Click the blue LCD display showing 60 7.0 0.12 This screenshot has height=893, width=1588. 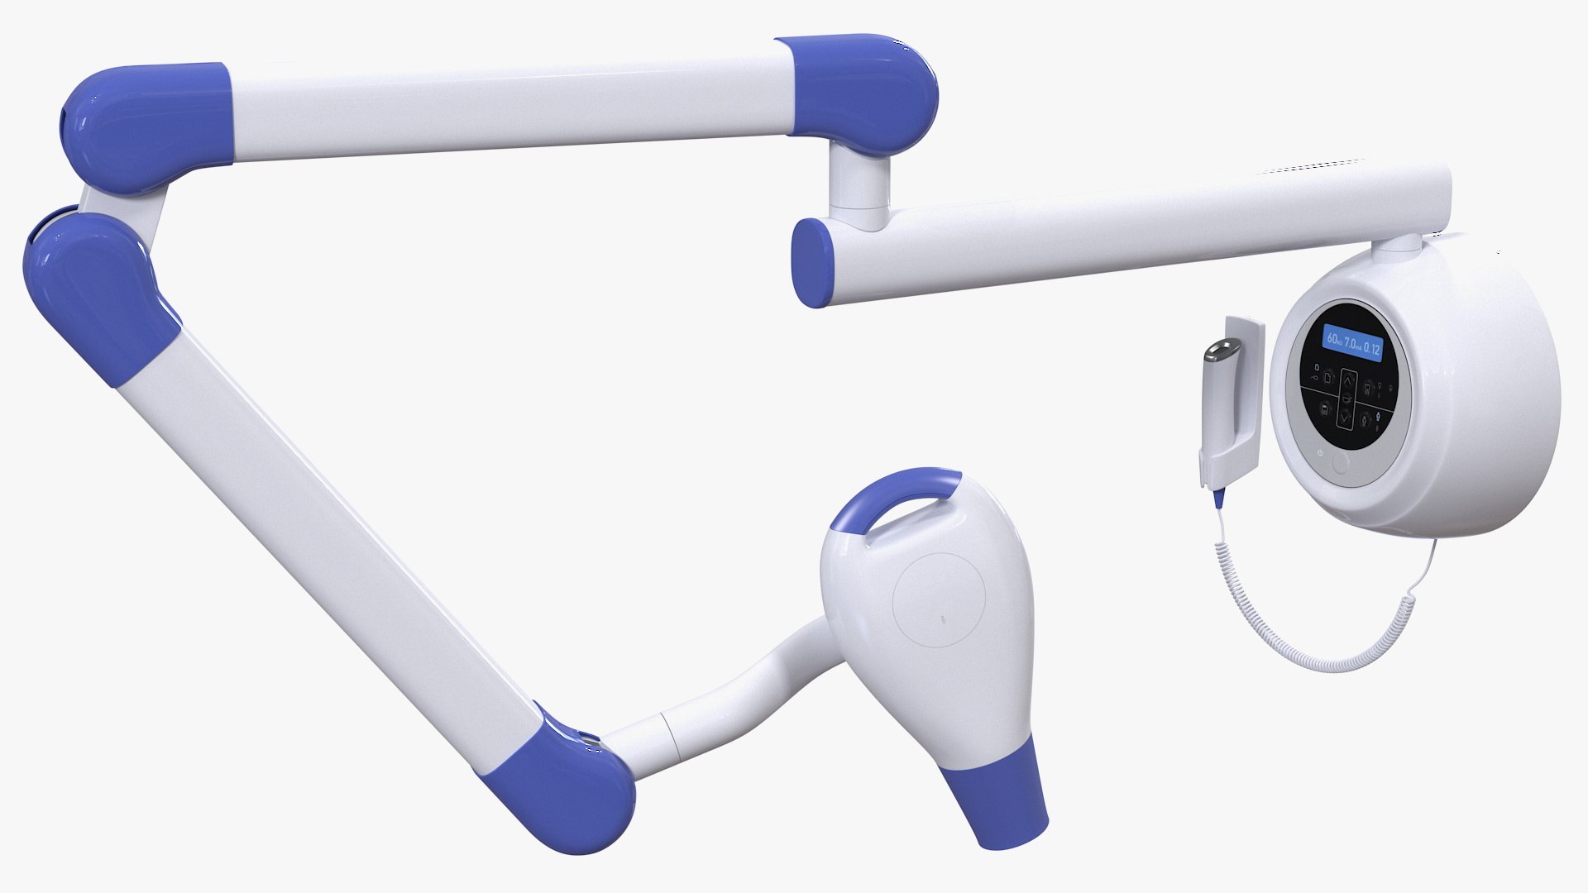click(x=1352, y=344)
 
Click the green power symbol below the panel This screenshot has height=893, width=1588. click(x=1320, y=452)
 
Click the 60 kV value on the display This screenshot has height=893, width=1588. click(x=1334, y=339)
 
